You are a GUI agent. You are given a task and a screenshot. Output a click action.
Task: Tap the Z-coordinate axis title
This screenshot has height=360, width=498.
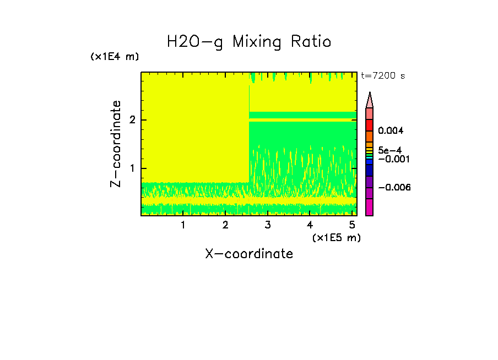[x=116, y=144]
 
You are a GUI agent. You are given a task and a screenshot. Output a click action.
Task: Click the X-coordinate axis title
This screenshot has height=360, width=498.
[x=249, y=254]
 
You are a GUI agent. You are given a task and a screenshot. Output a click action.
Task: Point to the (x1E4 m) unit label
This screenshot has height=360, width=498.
[x=115, y=57]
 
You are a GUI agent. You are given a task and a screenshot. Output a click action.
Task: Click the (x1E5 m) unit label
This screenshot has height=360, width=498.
[x=336, y=237]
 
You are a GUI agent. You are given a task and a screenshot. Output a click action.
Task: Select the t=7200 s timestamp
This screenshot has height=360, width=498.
[x=382, y=75]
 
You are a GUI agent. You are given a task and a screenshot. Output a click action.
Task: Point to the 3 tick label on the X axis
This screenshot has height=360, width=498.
[x=267, y=225]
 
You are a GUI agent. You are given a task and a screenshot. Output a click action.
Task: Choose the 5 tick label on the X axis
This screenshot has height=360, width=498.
[x=352, y=225]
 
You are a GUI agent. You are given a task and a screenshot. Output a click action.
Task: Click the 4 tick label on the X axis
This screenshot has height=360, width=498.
[x=310, y=225]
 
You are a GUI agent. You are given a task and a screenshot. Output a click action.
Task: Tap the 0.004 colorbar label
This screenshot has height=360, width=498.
[x=391, y=131]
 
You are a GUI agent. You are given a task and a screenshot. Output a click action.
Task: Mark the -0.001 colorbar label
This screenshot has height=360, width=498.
[x=393, y=159]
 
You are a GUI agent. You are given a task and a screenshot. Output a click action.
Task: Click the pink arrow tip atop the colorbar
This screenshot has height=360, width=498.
[x=370, y=100]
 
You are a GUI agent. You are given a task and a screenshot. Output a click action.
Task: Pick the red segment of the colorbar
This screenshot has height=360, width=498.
[x=370, y=125]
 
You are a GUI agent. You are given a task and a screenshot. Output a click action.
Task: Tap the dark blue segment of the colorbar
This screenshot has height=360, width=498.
[x=370, y=171]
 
